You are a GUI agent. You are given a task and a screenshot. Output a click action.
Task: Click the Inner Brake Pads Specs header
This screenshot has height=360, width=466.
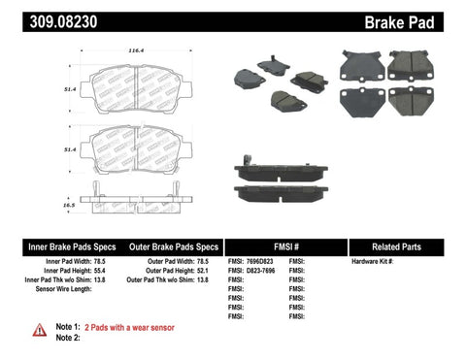tap(55, 246)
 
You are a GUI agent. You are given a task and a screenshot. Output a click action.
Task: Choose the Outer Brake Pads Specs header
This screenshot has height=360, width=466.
tap(169, 246)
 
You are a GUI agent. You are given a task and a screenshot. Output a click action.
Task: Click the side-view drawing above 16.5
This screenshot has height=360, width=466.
tap(133, 194)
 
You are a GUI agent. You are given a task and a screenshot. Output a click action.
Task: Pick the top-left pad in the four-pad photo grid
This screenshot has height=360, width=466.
tap(361, 65)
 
